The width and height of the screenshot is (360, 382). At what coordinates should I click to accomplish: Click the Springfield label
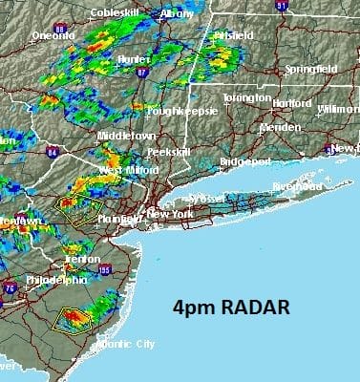tap(311, 71)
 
